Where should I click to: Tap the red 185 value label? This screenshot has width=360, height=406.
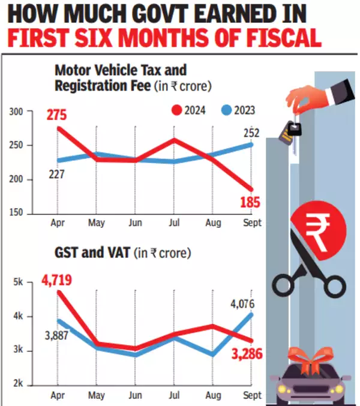250,203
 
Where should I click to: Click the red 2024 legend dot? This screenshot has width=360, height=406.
176,110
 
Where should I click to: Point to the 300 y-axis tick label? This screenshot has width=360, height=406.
17,112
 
